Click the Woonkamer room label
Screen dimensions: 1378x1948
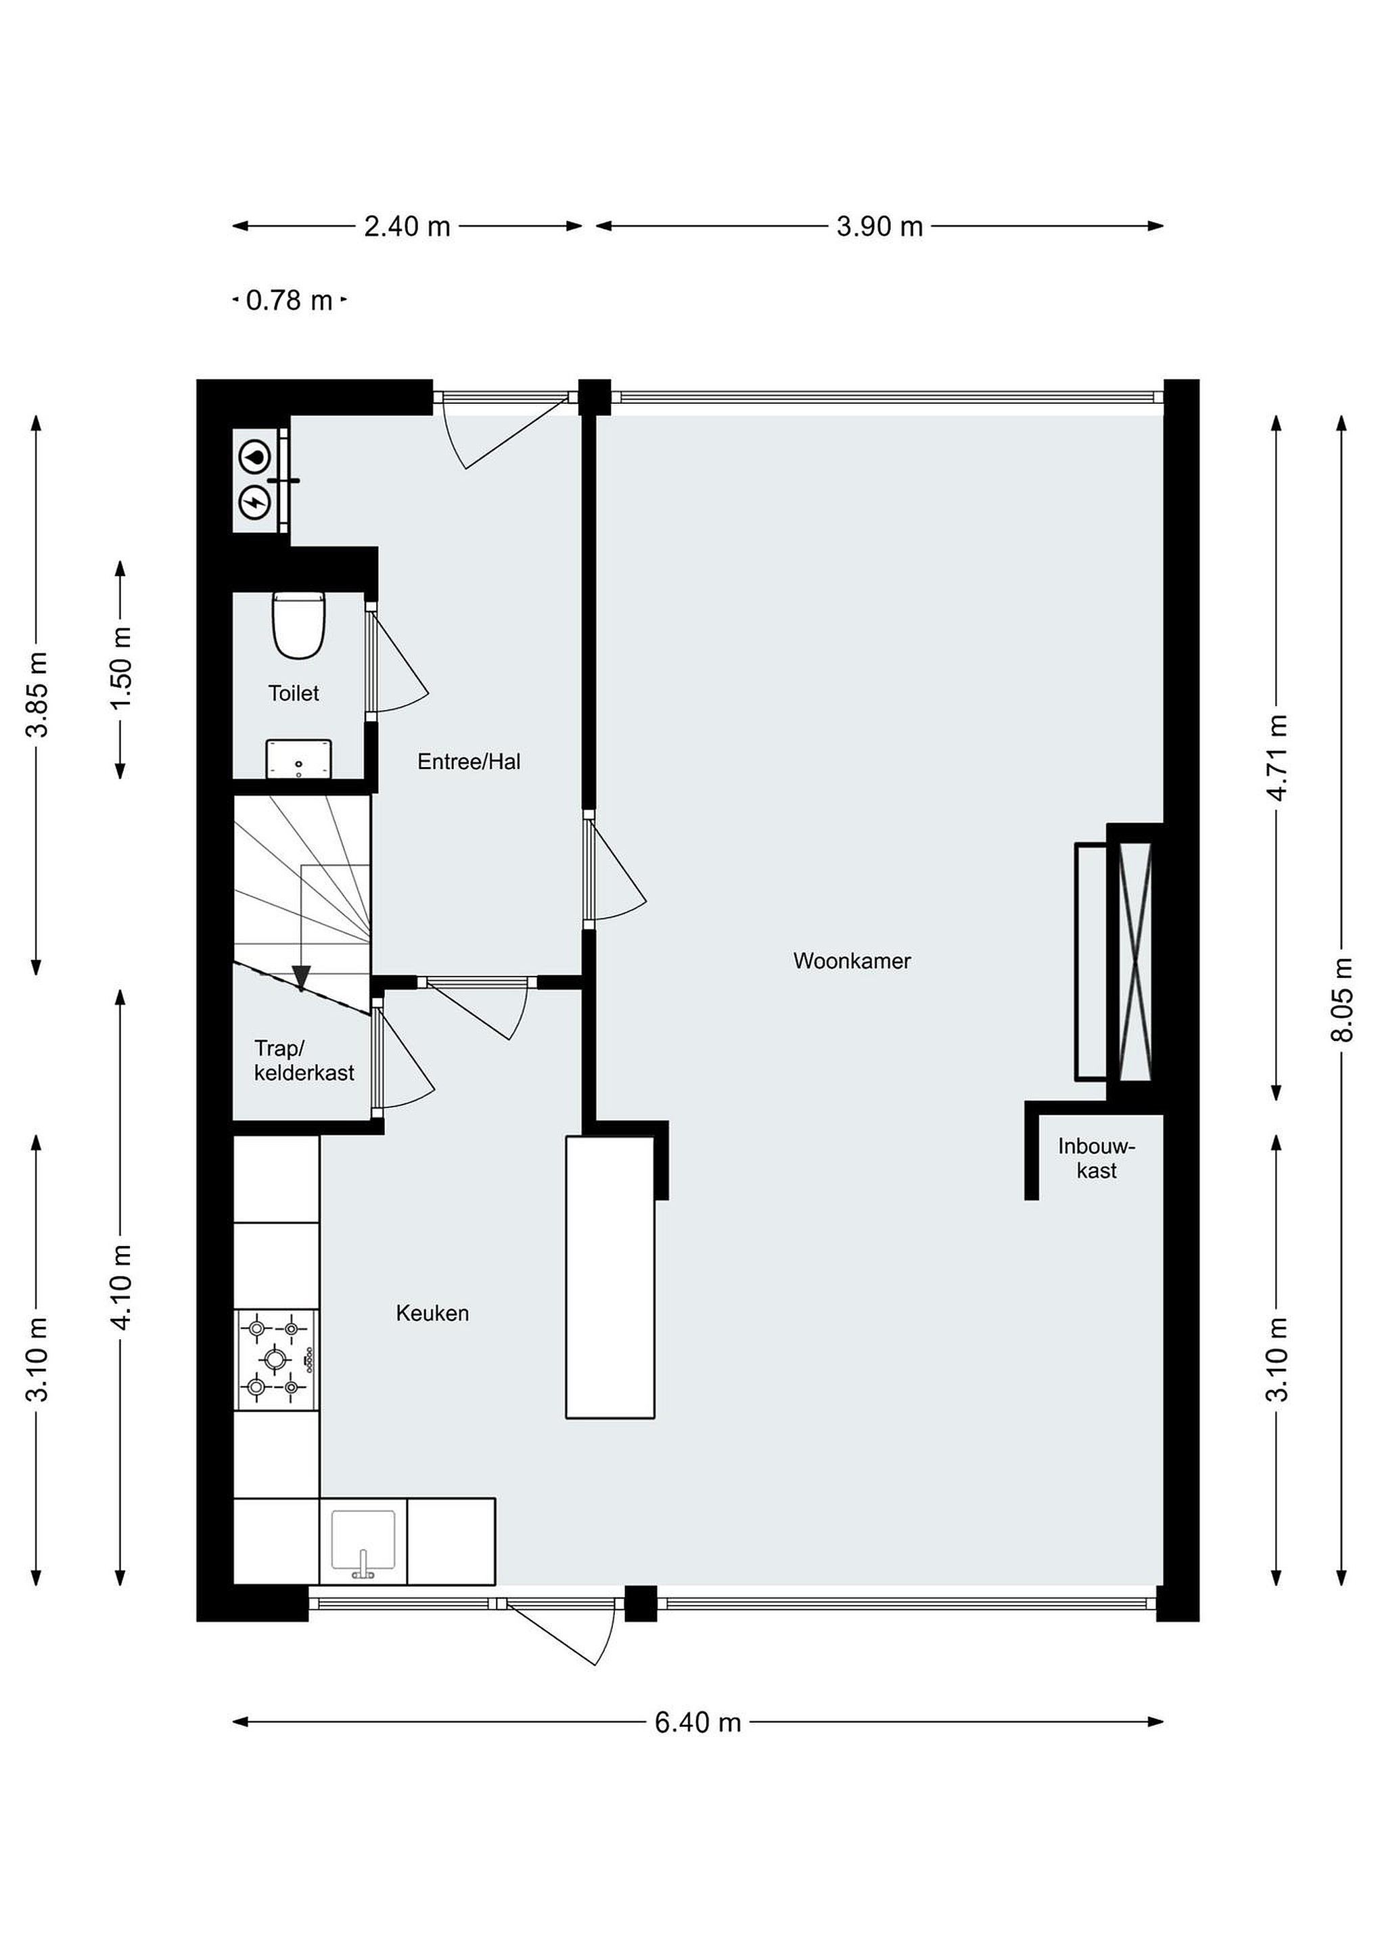[x=852, y=961]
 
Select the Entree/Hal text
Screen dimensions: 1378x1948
[x=469, y=762]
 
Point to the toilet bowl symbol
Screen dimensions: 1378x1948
[x=299, y=625]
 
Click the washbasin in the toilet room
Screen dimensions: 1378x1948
[x=299, y=758]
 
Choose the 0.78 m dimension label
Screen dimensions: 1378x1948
[x=290, y=300]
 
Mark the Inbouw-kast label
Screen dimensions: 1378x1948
[x=1097, y=1159]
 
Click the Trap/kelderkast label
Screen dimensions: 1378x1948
[x=304, y=1061]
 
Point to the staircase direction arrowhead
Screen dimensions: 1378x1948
[x=301, y=978]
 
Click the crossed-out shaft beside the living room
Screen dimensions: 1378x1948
[x=1135, y=961]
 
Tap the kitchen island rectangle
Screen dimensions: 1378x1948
[x=610, y=1277]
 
